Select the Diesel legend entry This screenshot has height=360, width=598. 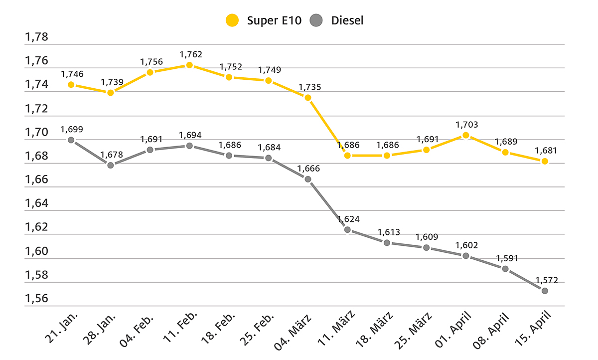point(339,20)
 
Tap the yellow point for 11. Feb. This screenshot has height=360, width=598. point(189,65)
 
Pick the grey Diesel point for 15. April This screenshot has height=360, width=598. point(545,291)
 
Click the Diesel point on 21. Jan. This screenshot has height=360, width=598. point(71,140)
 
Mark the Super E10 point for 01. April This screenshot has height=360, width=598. point(466,135)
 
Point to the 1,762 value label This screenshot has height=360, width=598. point(191,54)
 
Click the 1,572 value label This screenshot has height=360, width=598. point(546,280)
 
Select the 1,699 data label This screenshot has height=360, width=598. point(72,129)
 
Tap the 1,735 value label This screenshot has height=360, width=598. point(310,87)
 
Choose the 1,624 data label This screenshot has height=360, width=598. point(348,219)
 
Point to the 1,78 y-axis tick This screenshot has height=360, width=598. point(36,37)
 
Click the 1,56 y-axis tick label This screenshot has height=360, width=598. point(36,299)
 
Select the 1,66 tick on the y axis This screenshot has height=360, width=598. point(36,180)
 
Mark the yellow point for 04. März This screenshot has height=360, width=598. point(308,98)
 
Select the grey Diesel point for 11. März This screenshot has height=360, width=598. point(347,230)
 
